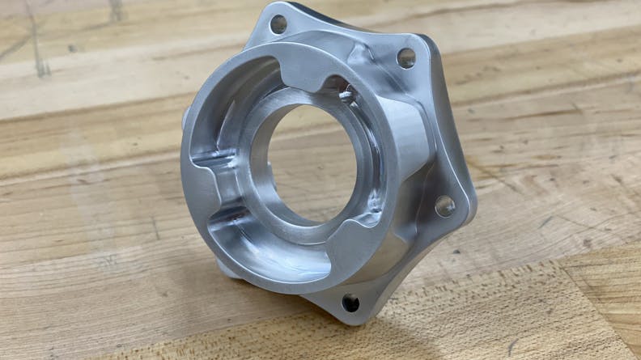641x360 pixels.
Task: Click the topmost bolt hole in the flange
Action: [x=278, y=24]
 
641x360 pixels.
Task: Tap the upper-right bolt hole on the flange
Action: [x=405, y=57]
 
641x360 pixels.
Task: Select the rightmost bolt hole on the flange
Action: [x=444, y=206]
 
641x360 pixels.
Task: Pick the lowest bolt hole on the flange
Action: [x=350, y=303]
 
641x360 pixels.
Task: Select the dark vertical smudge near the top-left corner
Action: [x=36, y=40]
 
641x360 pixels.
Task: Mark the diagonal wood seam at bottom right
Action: [x=599, y=291]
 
